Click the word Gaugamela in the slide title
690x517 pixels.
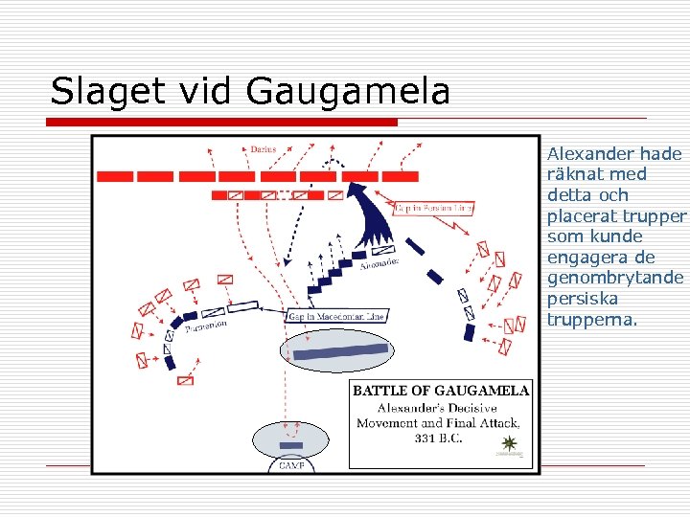coord(348,92)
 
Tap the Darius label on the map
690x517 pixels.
coord(263,149)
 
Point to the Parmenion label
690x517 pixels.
coord(206,326)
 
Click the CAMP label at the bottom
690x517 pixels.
coord(290,465)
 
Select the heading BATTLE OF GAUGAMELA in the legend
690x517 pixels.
coord(441,390)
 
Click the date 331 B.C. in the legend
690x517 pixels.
coord(439,438)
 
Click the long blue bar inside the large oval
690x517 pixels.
coord(340,351)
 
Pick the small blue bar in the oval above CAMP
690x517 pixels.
coord(290,445)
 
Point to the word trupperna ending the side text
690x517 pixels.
coord(590,320)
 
